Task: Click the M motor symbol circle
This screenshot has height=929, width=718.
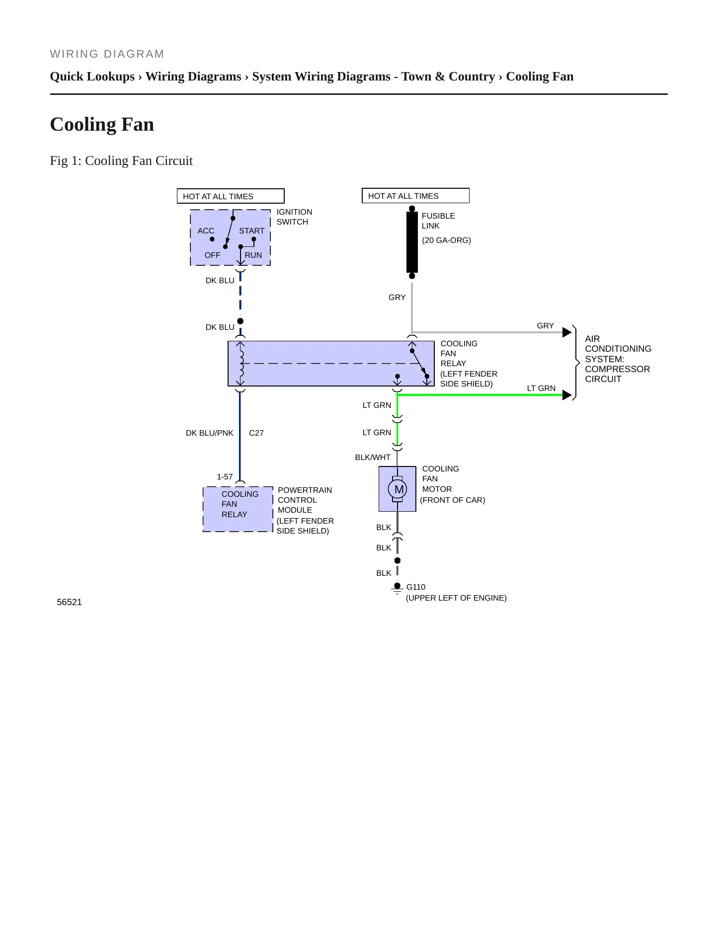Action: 398,489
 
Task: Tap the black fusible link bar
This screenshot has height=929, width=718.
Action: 412,242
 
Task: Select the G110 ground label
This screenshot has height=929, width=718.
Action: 416,587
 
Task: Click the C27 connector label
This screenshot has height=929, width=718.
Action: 256,433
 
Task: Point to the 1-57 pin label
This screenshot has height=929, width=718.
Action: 225,476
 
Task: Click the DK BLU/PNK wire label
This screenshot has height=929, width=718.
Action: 210,433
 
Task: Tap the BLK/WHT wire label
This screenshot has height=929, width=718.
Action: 373,457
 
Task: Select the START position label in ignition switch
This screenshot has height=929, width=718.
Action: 252,231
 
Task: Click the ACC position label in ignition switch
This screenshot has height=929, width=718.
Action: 206,231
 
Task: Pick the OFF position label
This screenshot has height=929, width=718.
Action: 212,255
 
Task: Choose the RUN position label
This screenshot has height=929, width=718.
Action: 253,255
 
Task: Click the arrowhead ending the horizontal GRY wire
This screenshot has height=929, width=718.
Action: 567,332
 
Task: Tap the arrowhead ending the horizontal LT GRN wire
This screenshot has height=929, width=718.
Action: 567,395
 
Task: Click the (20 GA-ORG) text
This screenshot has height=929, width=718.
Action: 447,240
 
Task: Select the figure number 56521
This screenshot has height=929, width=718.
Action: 70,602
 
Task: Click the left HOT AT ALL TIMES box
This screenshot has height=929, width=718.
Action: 231,196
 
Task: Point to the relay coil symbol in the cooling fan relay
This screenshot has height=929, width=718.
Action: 241,363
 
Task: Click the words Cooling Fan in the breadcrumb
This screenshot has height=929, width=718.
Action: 540,76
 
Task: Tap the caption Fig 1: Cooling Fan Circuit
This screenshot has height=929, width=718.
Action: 121,160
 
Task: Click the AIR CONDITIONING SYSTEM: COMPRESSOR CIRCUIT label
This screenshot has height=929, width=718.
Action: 618,359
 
